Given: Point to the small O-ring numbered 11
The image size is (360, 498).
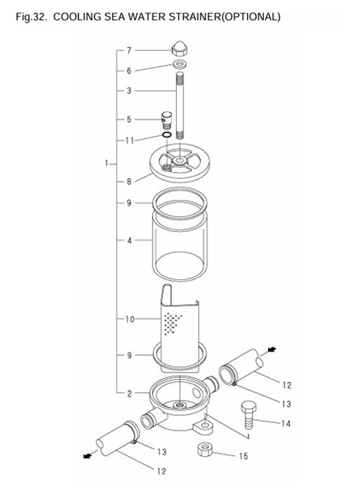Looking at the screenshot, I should (167, 135).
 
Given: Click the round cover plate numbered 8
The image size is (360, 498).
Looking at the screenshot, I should (181, 166).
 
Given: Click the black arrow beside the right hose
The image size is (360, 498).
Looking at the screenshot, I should (272, 349).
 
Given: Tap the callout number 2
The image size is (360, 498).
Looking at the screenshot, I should (129, 393).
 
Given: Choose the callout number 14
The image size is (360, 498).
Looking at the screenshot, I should (286, 423).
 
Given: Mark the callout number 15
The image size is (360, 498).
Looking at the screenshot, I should (244, 456).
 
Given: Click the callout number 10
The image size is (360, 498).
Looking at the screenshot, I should (129, 319).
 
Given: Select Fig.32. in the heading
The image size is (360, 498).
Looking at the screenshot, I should (31, 16).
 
